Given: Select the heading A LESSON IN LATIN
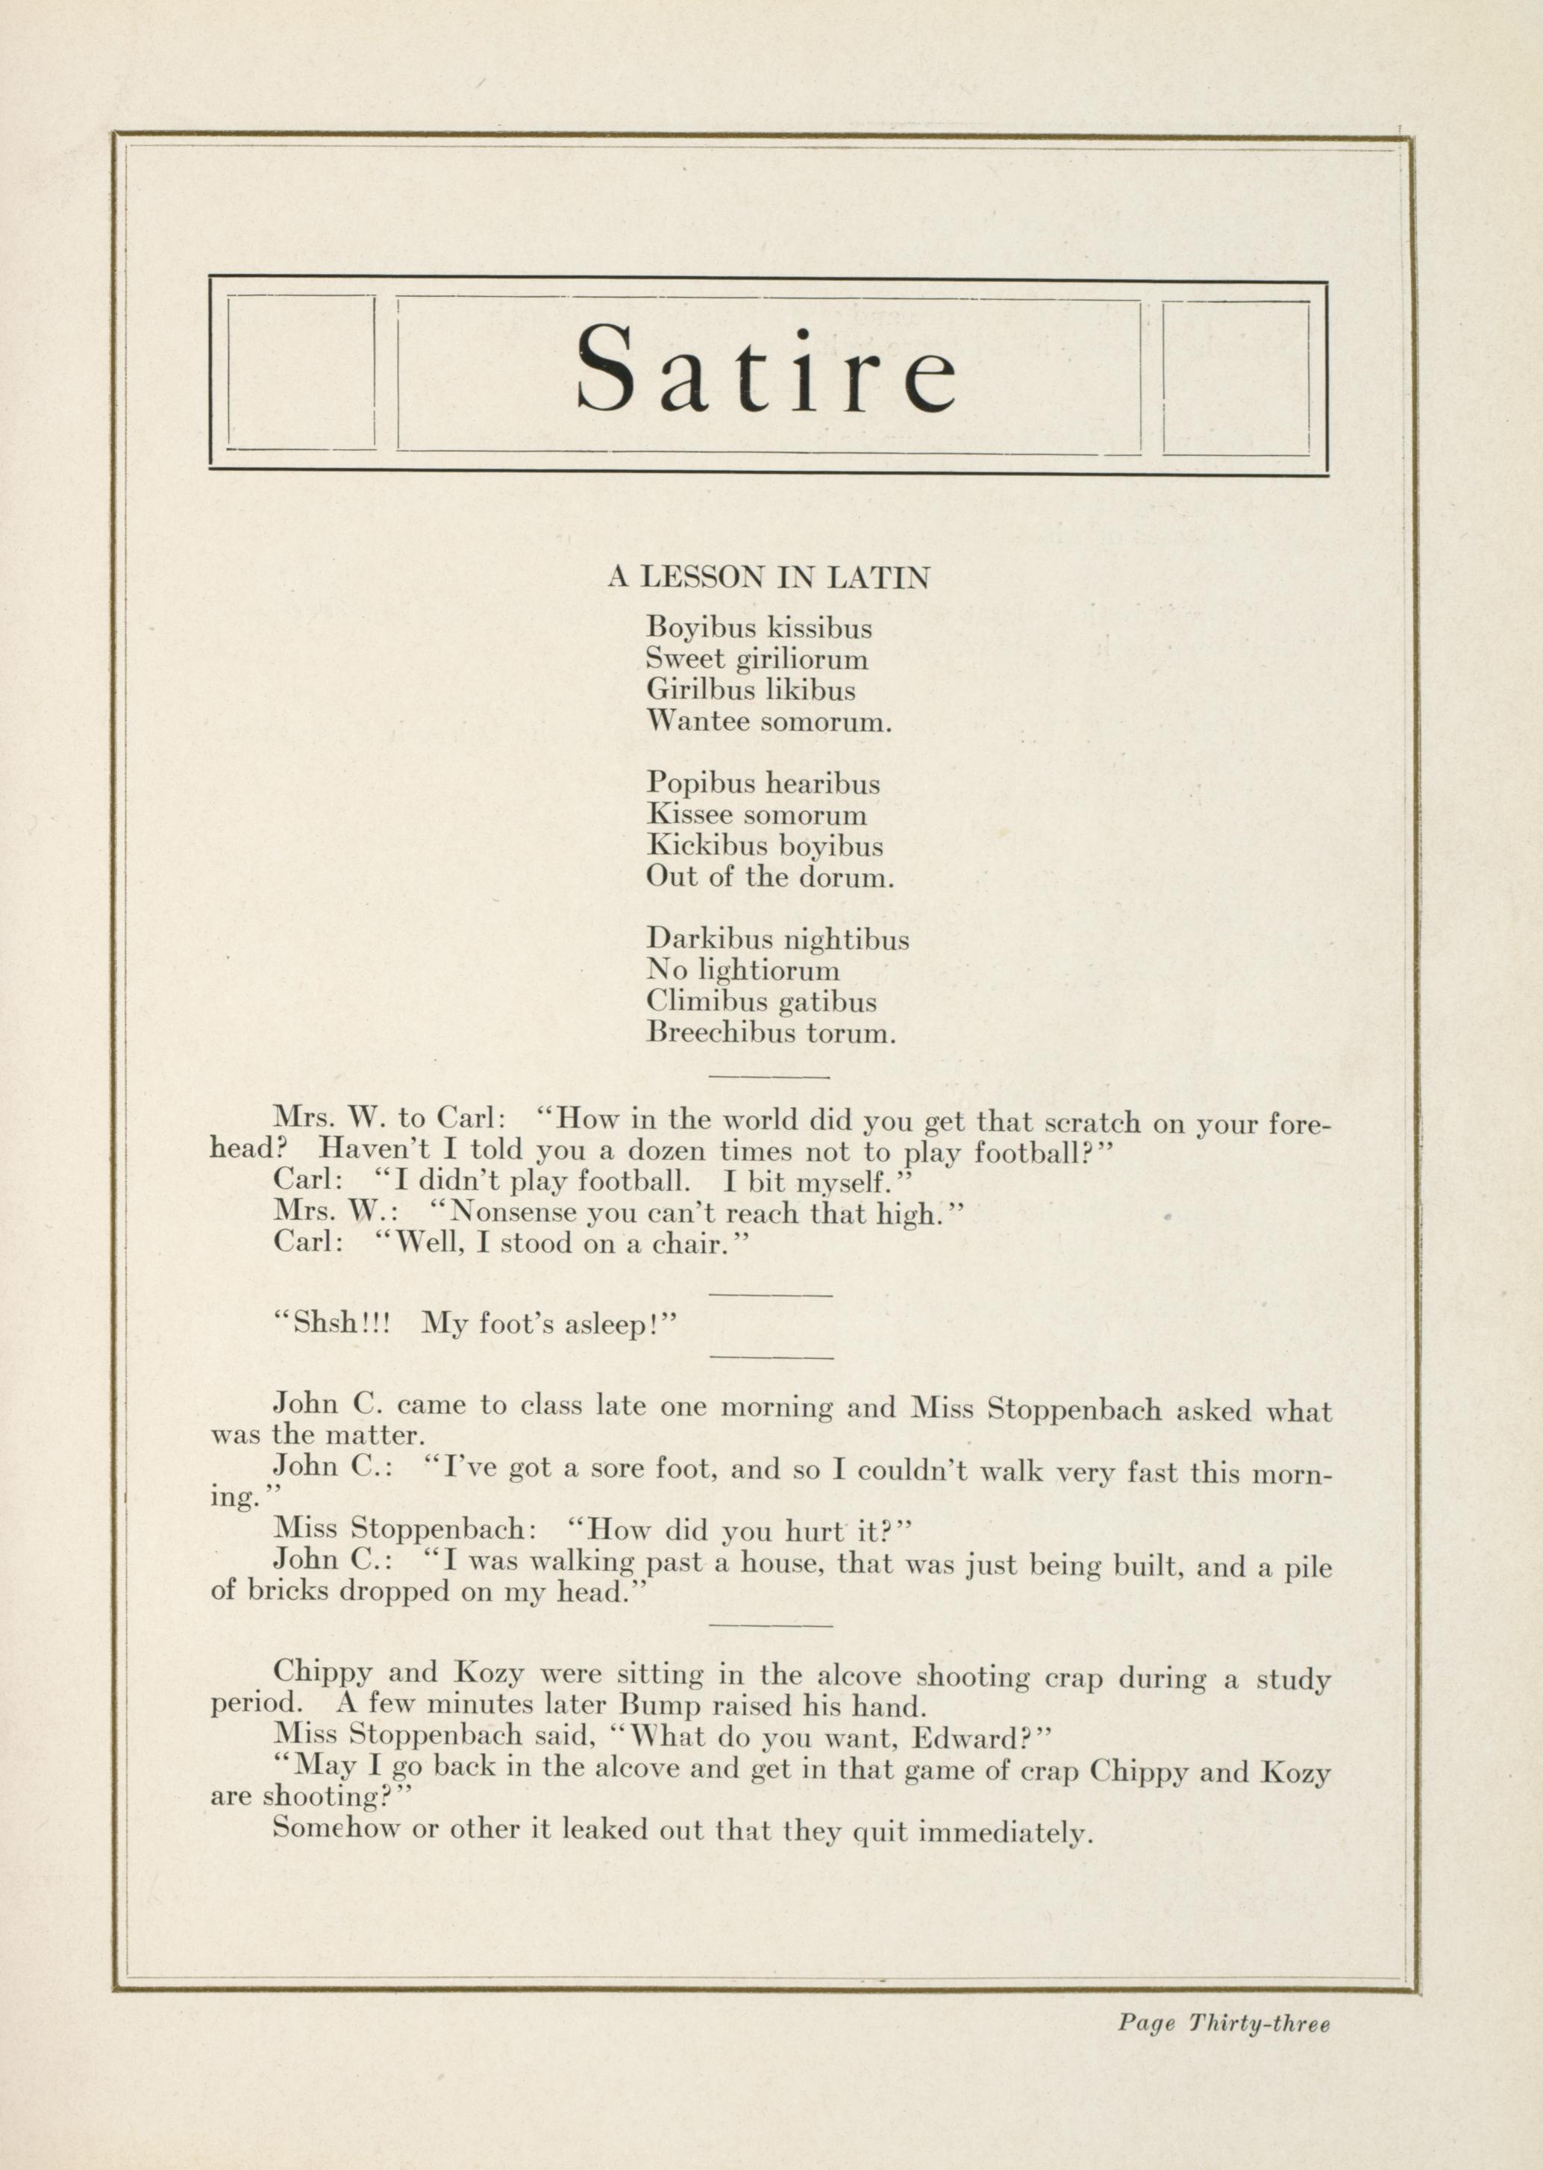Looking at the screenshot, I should pos(769,578).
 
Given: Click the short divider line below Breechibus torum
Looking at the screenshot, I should pos(769,1077).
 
